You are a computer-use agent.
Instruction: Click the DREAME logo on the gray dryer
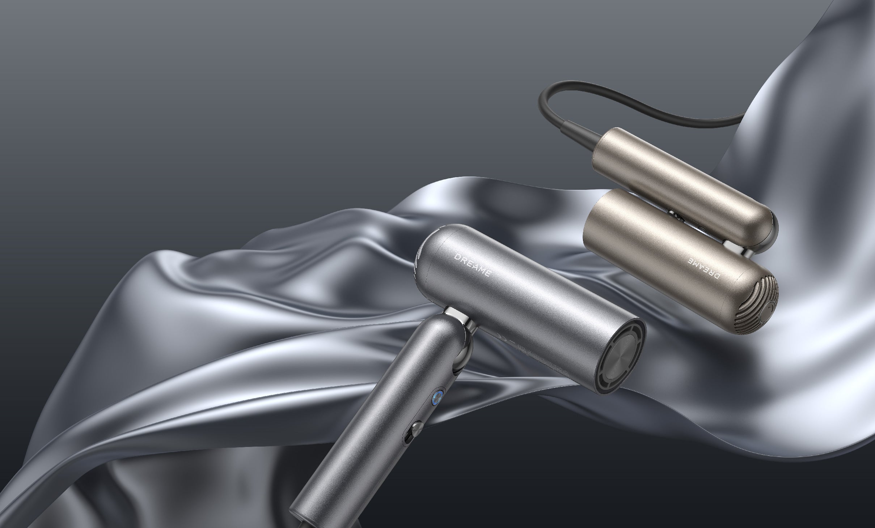pos(472,265)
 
